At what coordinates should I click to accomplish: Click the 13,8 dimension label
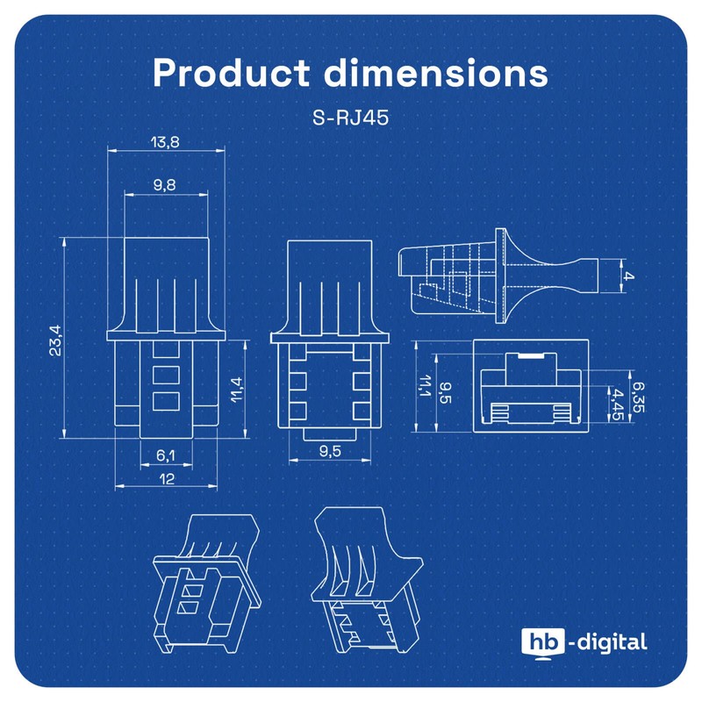click(x=165, y=142)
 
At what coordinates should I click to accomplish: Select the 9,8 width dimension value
click(x=165, y=184)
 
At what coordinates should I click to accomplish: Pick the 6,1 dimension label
click(x=166, y=455)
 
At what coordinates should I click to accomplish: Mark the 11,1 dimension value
click(x=424, y=387)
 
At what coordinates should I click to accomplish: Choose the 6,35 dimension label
click(x=639, y=395)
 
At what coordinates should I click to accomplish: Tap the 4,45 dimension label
click(x=619, y=403)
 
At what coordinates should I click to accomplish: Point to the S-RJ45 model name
click(x=350, y=118)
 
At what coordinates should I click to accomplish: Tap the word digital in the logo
click(x=612, y=642)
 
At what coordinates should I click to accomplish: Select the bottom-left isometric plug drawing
click(x=208, y=578)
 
